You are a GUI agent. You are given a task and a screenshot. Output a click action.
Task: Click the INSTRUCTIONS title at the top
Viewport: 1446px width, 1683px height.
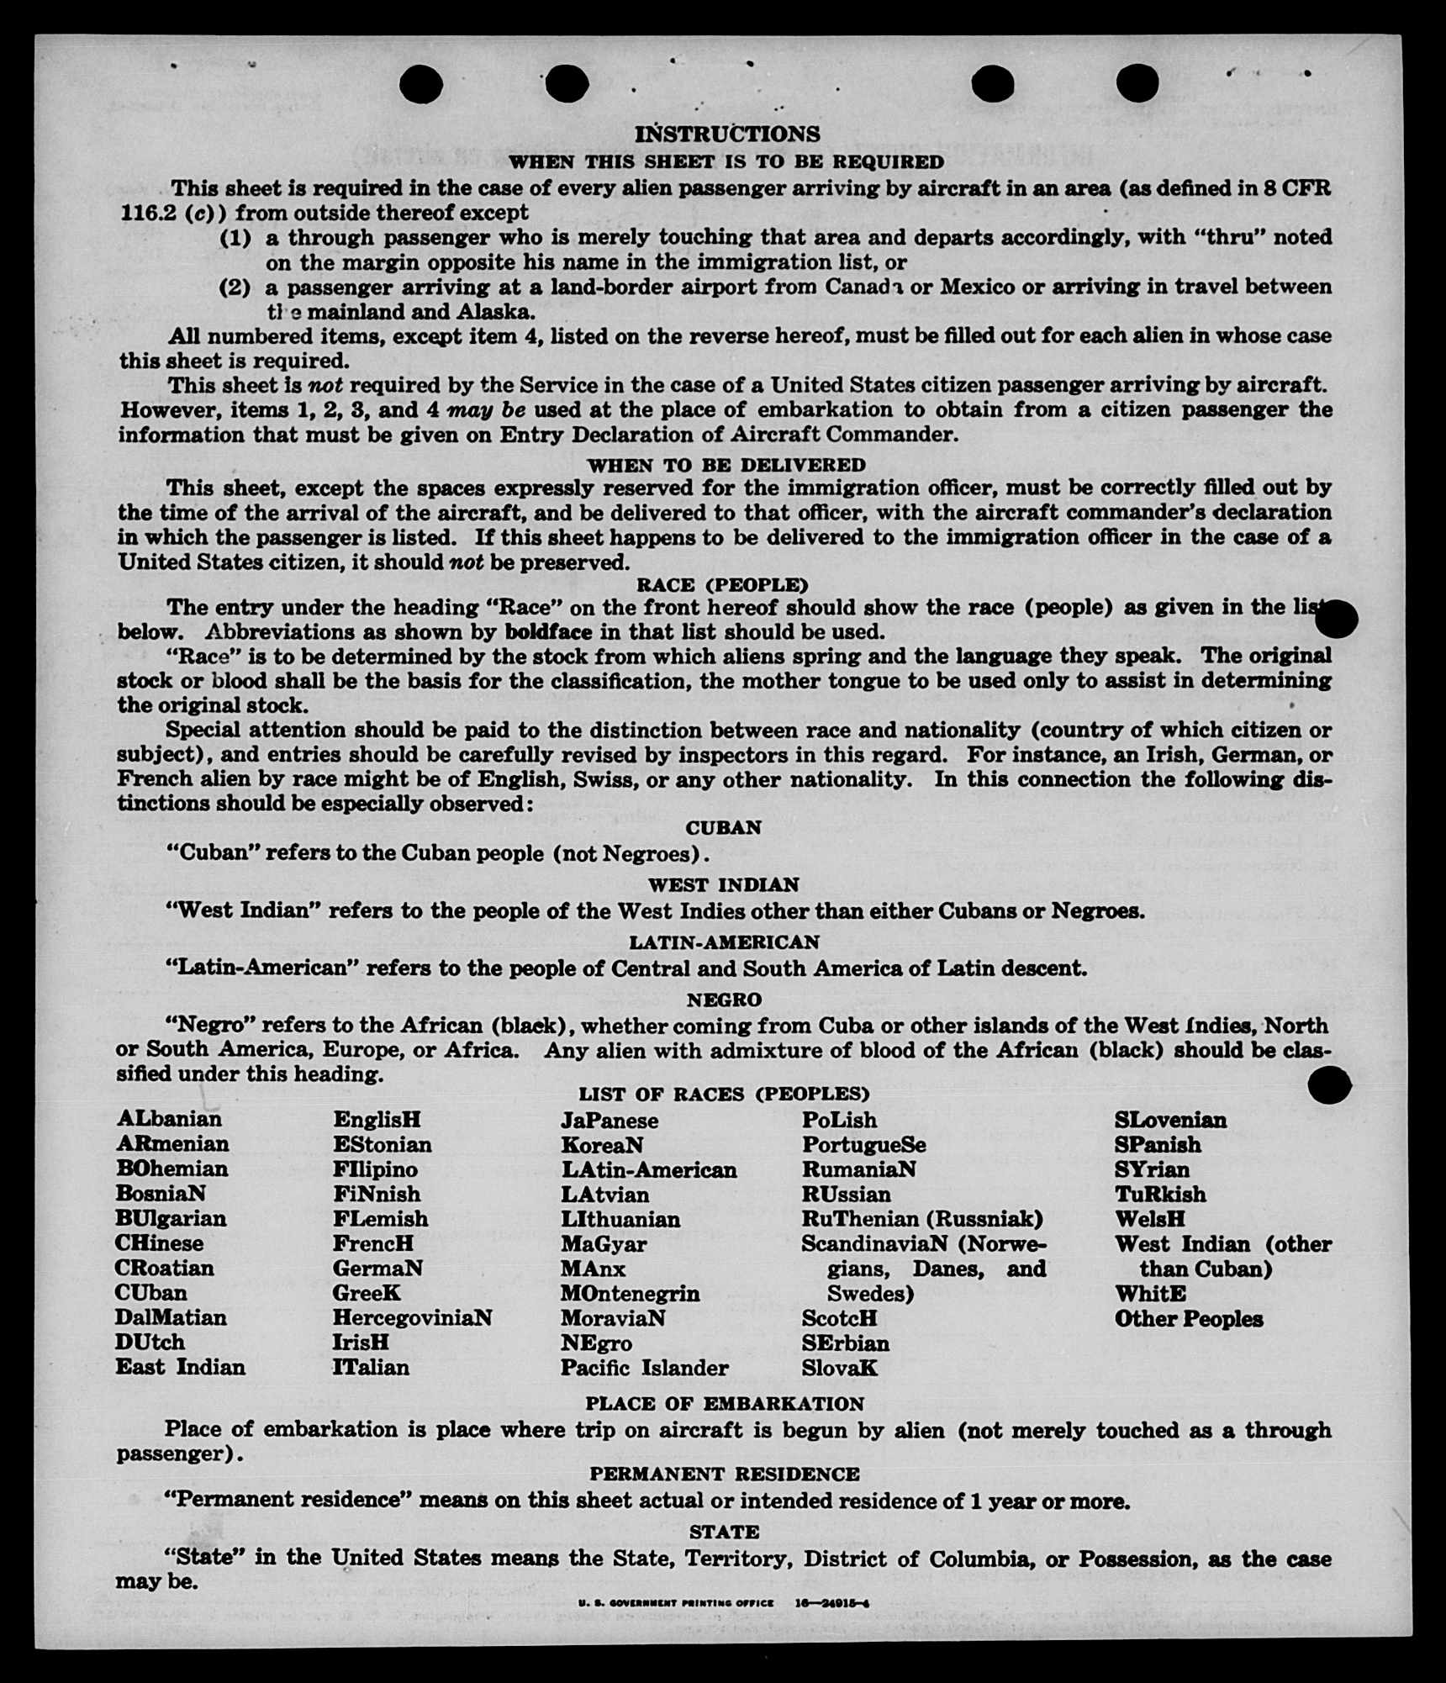[x=727, y=135]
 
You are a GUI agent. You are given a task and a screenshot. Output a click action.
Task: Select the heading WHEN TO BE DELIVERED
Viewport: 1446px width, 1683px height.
[x=726, y=465]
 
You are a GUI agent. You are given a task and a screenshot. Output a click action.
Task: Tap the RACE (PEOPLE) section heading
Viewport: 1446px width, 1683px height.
[x=722, y=585]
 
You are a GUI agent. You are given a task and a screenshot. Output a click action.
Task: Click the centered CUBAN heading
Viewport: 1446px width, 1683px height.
[x=723, y=828]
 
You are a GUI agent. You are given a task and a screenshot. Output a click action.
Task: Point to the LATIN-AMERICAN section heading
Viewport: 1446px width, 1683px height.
[x=724, y=942]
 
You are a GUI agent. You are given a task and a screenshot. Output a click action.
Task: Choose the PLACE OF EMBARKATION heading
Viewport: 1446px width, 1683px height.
[x=725, y=1404]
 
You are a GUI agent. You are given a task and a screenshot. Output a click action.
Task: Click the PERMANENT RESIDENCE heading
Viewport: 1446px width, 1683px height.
[x=725, y=1474]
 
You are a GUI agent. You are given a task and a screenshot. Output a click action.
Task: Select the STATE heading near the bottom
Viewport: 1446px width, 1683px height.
[x=725, y=1532]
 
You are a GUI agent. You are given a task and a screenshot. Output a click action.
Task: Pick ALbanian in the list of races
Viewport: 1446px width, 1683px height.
[x=169, y=1119]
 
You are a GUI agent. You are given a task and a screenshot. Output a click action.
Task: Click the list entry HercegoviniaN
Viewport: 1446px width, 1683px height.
[x=412, y=1317]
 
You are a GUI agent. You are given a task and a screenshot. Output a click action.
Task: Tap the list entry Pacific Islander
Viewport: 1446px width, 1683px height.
[x=644, y=1368]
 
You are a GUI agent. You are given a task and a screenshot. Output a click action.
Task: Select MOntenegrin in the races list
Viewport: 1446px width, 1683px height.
[x=630, y=1293]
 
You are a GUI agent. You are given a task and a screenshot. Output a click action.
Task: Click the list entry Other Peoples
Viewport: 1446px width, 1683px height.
[x=1189, y=1319]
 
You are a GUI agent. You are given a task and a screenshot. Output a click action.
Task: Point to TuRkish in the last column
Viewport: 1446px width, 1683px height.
[x=1160, y=1195]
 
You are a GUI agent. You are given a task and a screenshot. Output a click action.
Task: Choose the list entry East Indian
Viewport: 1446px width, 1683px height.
[x=180, y=1367]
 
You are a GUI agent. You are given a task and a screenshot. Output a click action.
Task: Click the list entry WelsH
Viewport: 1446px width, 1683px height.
[x=1149, y=1219]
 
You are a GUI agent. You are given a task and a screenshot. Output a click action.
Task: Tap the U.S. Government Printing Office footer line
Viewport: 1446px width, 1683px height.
[x=723, y=1603]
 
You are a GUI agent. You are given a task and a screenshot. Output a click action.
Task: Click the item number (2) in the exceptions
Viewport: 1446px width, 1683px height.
[x=235, y=288]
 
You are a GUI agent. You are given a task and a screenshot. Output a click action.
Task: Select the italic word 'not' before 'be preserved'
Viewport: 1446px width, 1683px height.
[x=466, y=562]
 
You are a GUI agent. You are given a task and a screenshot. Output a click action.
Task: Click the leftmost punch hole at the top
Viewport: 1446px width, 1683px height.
[x=421, y=85]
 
